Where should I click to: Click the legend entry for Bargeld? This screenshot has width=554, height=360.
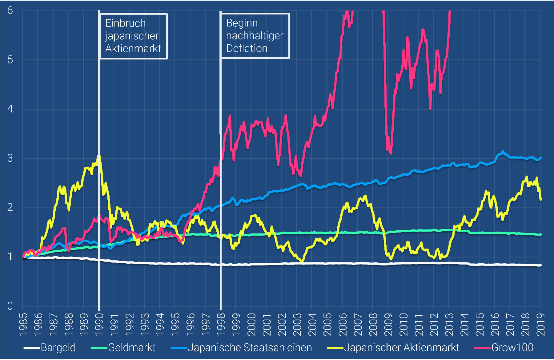tap(58, 348)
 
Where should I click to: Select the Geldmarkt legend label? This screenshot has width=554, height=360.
tap(132, 348)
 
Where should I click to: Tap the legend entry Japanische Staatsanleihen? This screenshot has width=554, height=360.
tap(250, 348)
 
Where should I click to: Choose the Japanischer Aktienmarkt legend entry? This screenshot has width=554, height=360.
tap(401, 348)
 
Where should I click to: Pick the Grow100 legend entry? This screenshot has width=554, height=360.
tap(512, 348)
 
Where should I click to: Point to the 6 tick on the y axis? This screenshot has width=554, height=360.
tap(10, 10)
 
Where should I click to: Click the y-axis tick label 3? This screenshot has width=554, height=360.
tap(10, 158)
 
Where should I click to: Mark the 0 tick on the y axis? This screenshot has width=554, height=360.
tap(10, 306)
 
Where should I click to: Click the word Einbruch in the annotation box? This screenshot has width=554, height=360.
tap(125, 23)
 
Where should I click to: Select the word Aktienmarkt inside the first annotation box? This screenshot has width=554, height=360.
tap(133, 48)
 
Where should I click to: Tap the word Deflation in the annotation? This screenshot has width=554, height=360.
tap(247, 48)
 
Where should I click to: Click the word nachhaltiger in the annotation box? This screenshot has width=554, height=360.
tap(255, 36)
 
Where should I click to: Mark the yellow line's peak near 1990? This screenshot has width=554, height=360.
tap(98, 156)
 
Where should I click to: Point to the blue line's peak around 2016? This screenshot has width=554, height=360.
tap(503, 152)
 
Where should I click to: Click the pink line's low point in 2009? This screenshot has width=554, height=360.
tap(391, 153)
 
